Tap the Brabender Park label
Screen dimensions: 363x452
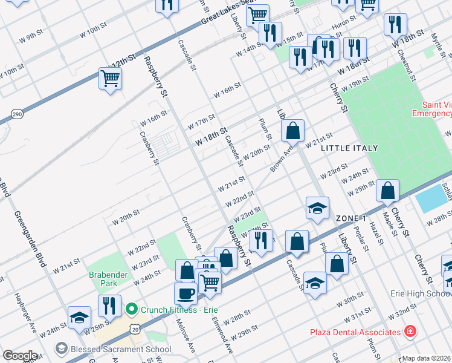coord(106,278)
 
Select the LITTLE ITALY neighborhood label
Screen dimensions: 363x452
coord(349,148)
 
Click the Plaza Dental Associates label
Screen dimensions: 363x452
coord(355,332)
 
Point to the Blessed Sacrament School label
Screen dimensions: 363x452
coord(120,349)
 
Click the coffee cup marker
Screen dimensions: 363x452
coord(186,293)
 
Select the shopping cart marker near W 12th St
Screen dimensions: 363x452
coord(111,78)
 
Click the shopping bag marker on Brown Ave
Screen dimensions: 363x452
coord(292,130)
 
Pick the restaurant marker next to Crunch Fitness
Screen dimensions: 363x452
coord(109,306)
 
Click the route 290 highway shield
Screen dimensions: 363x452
coord(16,113)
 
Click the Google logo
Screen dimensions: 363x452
coord(20,356)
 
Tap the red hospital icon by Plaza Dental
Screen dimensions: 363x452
coord(410,332)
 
